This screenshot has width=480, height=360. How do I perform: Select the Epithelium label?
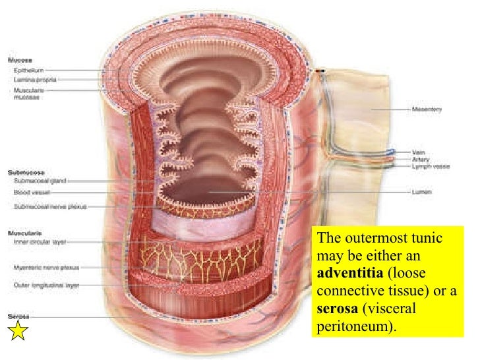pyautogui.click(x=28, y=68)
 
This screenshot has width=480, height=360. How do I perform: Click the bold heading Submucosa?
pyautogui.click(x=24, y=169)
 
